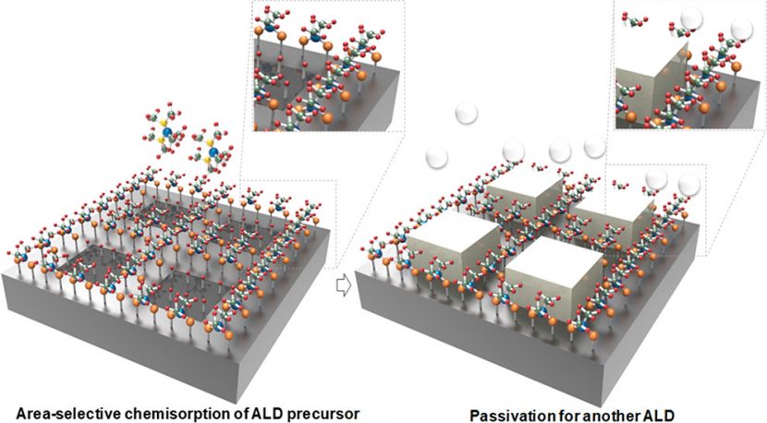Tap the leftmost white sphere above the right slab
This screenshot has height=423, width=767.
pyautogui.click(x=437, y=157)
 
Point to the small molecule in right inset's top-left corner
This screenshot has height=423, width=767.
pyautogui.click(x=632, y=18)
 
